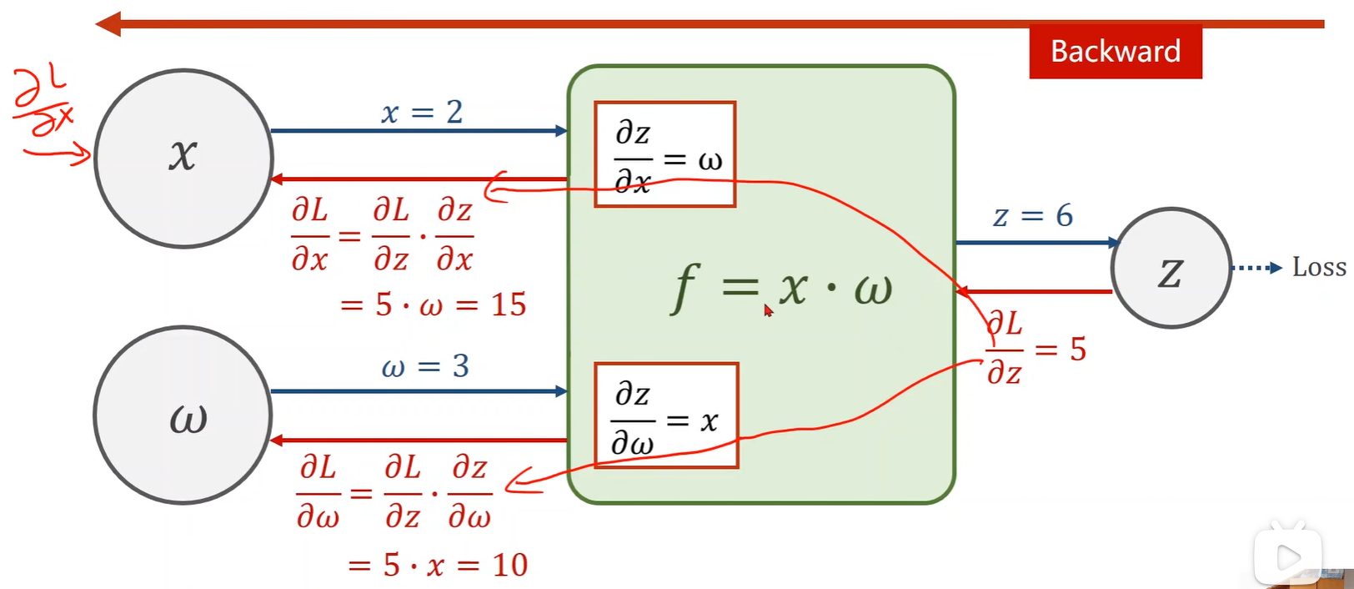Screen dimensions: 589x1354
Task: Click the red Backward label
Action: coord(1115,52)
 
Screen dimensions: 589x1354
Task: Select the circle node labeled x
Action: coord(183,158)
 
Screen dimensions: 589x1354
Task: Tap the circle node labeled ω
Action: coord(183,415)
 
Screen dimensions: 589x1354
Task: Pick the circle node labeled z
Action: coord(1171,268)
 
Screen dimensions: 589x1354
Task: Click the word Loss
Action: coord(1319,268)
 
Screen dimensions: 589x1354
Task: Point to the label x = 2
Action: coord(422,112)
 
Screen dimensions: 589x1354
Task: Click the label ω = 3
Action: coord(425,366)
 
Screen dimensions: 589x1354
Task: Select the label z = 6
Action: coord(1033,216)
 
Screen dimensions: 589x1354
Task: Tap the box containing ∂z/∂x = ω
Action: coord(665,154)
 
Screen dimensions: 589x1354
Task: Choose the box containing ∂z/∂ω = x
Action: coord(666,415)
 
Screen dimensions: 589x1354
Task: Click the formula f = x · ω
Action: coord(782,288)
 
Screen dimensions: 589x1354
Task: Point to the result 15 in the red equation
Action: coord(508,305)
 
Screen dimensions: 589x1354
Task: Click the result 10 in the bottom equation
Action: coord(509,566)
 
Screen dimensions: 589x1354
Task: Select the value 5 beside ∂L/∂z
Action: coord(1078,350)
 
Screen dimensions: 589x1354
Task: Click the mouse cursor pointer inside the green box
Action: coord(768,310)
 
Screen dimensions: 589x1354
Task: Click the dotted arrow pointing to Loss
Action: coord(1256,268)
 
